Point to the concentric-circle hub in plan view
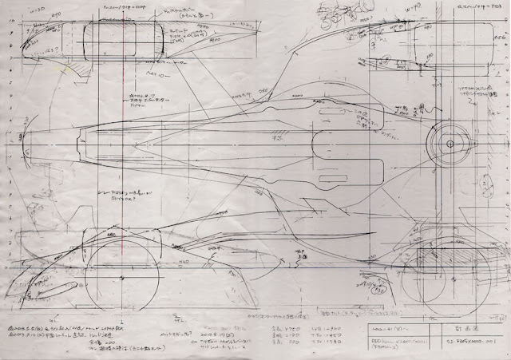(450, 144)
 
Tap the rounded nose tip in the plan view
(24, 144)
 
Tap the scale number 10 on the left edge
(10, 17)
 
